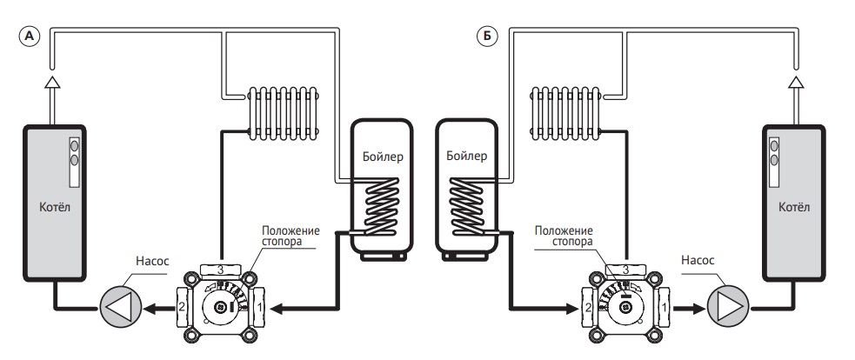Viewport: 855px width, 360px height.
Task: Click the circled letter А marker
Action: click(30, 37)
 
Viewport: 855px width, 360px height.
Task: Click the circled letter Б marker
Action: click(487, 37)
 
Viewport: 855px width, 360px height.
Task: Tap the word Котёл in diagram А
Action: click(55, 207)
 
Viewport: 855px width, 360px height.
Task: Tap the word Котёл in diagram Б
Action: click(794, 207)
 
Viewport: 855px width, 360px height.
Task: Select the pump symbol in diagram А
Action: click(121, 308)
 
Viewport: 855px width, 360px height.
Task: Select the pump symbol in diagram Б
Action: click(728, 308)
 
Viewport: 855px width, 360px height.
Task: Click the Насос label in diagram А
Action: click(152, 261)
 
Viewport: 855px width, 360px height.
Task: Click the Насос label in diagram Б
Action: click(698, 260)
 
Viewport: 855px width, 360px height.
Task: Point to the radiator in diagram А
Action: click(284, 113)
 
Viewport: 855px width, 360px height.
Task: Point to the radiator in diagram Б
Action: click(566, 113)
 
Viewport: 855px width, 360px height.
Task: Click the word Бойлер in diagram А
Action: click(383, 157)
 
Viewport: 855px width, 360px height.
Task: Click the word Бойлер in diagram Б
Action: click(466, 157)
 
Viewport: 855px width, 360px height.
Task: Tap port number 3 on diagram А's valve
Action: click(221, 270)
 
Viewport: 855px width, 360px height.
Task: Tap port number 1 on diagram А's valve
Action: click(259, 308)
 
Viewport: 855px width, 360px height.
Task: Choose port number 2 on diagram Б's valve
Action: click(588, 308)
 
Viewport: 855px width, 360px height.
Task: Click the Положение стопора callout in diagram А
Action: click(291, 236)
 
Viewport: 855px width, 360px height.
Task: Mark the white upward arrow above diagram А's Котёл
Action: click(52, 82)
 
